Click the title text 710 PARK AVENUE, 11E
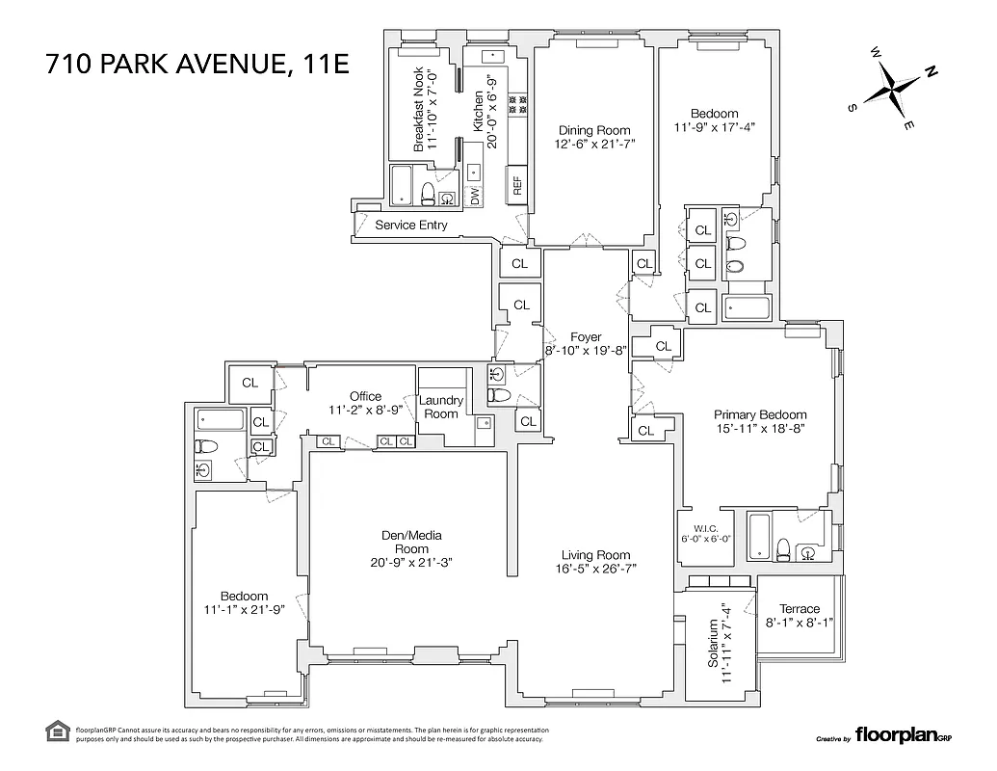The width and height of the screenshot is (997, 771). coord(197,66)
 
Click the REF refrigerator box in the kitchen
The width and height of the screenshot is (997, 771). coord(517,184)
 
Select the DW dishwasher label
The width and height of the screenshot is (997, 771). coord(475,196)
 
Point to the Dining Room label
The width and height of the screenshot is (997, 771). coord(594,130)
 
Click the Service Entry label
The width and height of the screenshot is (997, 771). coord(411,225)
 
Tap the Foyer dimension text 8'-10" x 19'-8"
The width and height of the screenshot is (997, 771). coord(586,351)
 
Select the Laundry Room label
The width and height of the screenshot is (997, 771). coord(441,407)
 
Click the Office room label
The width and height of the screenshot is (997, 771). coord(365,395)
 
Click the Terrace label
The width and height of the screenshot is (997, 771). coord(800,608)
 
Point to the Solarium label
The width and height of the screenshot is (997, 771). coord(714,644)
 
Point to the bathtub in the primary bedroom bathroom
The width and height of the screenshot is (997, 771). coord(759,536)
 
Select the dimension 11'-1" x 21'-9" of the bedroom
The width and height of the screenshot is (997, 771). coord(244,610)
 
